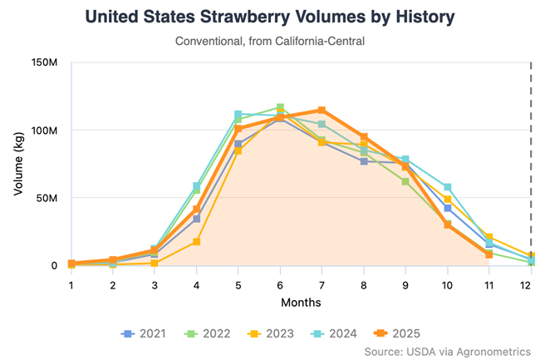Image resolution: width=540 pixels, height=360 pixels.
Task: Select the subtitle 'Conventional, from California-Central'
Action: click(271, 41)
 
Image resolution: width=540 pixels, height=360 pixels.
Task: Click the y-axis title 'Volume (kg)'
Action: click(18, 165)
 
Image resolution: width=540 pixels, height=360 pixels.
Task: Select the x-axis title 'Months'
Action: click(301, 303)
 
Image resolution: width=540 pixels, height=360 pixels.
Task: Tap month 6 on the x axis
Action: click(280, 284)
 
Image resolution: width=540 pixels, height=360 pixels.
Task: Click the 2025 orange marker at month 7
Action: click(322, 111)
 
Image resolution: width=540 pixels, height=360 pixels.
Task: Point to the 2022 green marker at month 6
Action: click(280, 107)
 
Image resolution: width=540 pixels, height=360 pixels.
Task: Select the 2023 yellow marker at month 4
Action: click(197, 242)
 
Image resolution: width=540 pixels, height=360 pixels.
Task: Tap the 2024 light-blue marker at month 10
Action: click(448, 187)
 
